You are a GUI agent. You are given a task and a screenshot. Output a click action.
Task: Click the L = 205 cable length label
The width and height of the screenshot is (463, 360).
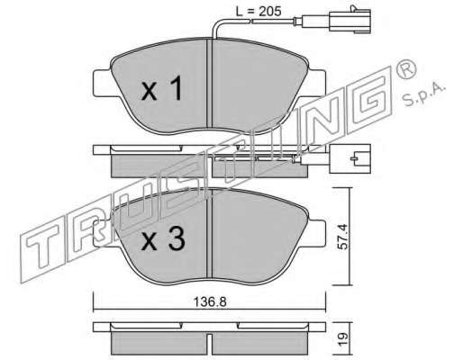pyautogui.click(x=259, y=12)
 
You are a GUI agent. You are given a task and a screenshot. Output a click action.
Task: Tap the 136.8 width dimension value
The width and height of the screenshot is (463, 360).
pyautogui.click(x=210, y=302)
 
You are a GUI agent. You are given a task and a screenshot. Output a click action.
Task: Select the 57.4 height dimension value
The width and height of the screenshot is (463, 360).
pyautogui.click(x=342, y=237)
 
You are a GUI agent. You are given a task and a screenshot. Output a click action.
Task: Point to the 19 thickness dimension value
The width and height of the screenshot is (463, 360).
pyautogui.click(x=343, y=339)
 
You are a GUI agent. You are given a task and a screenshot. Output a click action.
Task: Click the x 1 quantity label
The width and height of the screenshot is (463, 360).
pyautogui.click(x=161, y=88)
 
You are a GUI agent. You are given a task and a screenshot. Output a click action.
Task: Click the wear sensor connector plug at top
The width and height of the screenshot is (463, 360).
pyautogui.click(x=350, y=21)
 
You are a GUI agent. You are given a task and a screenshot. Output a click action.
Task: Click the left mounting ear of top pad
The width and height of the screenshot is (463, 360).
pyautogui.click(x=102, y=83)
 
